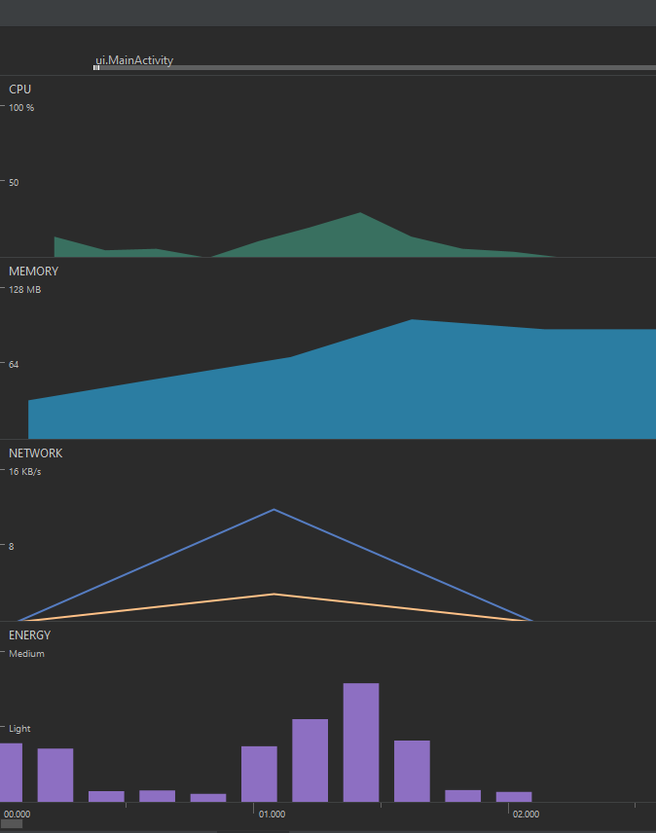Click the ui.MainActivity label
(134, 60)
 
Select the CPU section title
(20, 89)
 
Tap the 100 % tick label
(21, 107)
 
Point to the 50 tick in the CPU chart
(14, 182)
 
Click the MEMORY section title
(33, 272)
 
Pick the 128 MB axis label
(25, 290)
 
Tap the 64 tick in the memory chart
(14, 364)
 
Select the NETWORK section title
(35, 453)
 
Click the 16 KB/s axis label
(25, 472)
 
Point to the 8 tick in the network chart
(12, 546)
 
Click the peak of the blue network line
(274, 509)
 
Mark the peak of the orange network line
(274, 594)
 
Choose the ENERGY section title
(29, 635)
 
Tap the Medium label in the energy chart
(26, 654)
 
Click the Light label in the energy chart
(19, 728)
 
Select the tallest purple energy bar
(361, 742)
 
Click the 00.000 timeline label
(18, 814)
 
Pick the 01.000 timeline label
(272, 814)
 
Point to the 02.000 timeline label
(527, 814)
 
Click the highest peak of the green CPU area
(360, 213)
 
